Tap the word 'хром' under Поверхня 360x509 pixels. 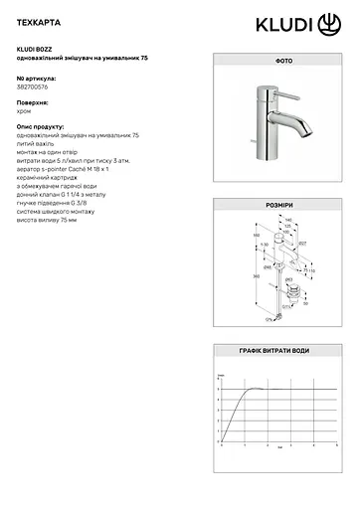tap(27, 112)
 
